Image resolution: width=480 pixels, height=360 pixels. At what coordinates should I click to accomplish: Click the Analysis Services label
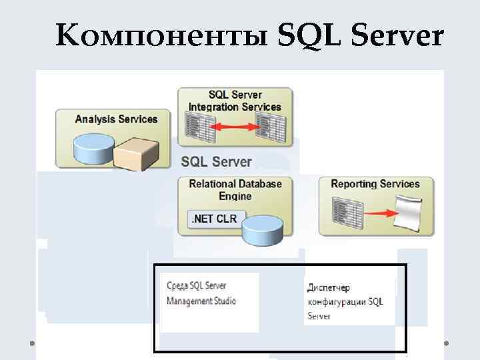point(116,119)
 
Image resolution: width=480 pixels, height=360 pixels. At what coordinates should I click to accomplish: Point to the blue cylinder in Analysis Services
point(91,148)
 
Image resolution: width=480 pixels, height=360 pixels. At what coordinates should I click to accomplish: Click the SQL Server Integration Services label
point(235,101)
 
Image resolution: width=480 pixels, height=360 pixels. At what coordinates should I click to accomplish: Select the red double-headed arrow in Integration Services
point(235,125)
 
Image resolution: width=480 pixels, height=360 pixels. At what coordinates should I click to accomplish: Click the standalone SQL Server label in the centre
point(217,161)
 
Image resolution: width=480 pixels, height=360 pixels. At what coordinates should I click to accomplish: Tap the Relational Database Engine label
point(235,189)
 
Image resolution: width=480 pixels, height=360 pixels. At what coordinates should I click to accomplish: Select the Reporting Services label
point(375,184)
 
